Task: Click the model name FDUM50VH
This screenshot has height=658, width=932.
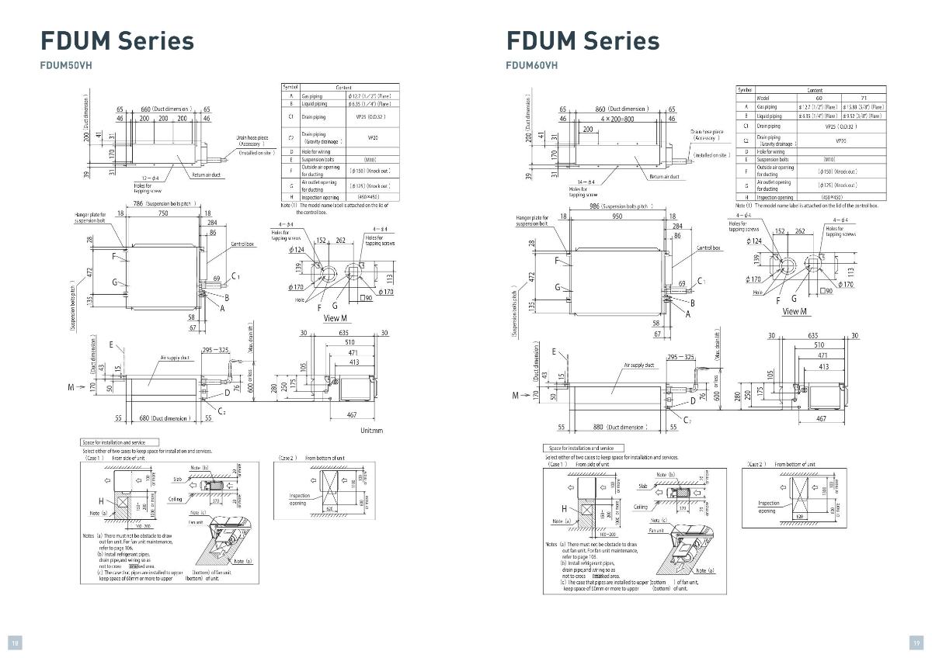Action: [66, 65]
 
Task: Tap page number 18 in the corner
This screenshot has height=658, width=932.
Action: [15, 642]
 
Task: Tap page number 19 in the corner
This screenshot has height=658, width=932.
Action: [916, 642]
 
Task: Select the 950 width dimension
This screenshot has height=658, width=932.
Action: [617, 216]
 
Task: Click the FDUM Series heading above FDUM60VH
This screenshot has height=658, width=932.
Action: [582, 40]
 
